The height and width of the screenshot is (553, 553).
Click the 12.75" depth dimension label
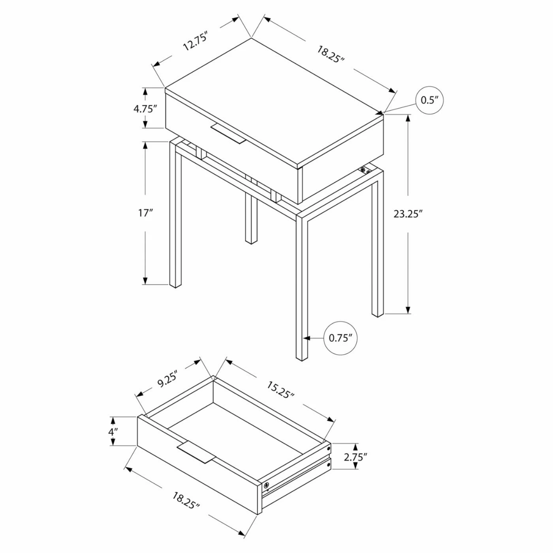point(195,42)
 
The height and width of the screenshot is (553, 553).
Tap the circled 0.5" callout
point(430,100)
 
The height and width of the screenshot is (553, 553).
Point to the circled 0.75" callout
point(340,338)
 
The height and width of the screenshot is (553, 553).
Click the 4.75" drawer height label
point(145,109)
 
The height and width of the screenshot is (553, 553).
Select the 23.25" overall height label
point(408,214)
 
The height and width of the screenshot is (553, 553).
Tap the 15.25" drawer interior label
point(280,390)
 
